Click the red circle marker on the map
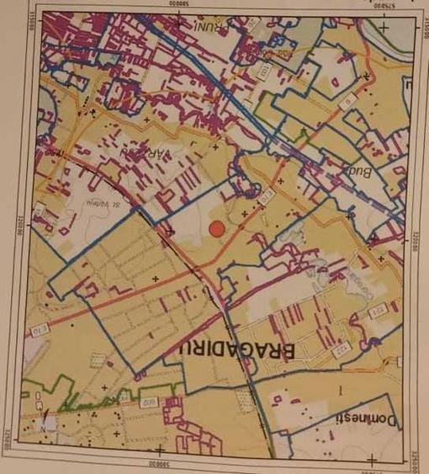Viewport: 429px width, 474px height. pyautogui.click(x=217, y=228)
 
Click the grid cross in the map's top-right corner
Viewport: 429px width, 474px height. pyautogui.click(x=384, y=25)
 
